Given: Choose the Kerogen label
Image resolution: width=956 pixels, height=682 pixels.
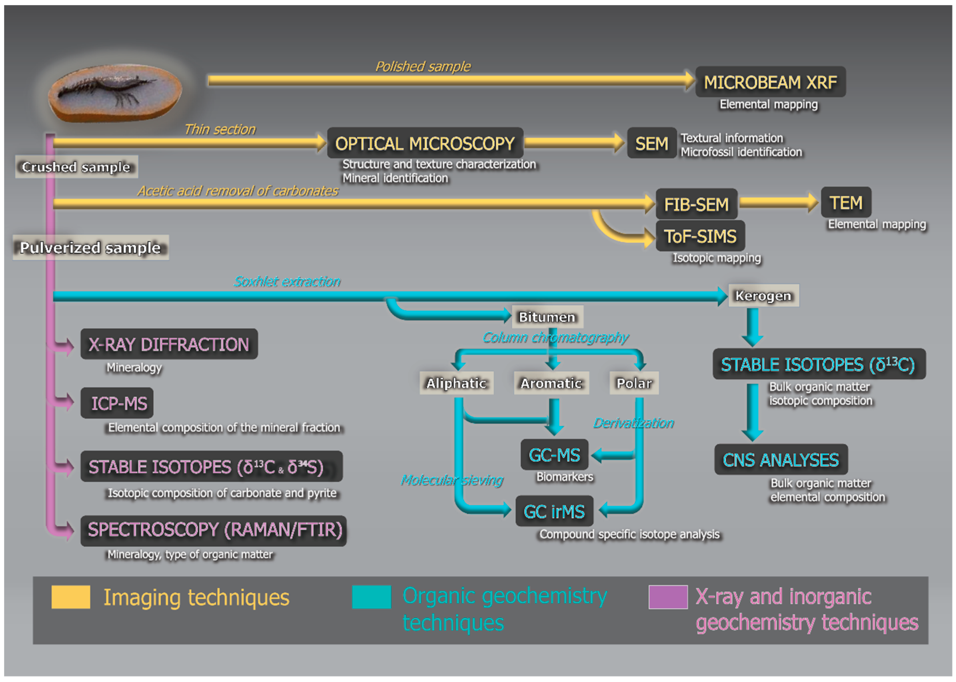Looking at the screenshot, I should click(763, 296).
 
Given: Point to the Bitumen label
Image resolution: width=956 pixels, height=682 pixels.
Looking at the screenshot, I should click(547, 317).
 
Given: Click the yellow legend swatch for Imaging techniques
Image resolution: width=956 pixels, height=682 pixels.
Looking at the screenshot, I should click(71, 597).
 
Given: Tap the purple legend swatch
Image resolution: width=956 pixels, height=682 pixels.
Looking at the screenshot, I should click(668, 597).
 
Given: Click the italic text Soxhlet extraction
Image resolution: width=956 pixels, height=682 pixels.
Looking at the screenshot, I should click(287, 281).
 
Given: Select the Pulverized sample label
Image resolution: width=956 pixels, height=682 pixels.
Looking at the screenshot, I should click(90, 247).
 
